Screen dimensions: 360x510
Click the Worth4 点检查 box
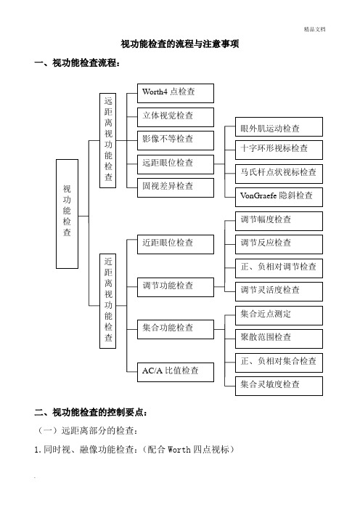(x=176, y=93)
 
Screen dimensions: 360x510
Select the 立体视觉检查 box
(x=176, y=117)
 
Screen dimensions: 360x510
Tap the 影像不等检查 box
(x=176, y=140)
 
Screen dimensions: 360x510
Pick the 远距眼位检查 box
(x=176, y=164)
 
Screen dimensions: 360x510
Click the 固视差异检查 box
(x=176, y=187)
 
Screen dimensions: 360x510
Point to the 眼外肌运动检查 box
(x=279, y=127)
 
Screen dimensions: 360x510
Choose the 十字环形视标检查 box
(x=279, y=150)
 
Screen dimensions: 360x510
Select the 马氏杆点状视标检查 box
(x=279, y=174)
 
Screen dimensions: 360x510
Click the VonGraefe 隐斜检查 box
(x=279, y=197)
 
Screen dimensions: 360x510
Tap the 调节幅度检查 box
(x=279, y=221)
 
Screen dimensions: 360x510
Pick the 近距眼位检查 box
(x=176, y=244)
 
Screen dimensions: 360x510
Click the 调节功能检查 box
(x=176, y=287)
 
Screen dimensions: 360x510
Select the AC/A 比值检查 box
(x=176, y=372)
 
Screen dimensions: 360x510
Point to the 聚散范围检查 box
(x=279, y=339)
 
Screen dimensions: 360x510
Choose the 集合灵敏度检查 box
(x=279, y=386)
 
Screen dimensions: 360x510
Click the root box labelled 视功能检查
(x=67, y=214)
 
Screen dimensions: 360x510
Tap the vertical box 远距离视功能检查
(x=108, y=140)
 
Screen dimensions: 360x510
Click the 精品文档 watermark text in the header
(x=314, y=29)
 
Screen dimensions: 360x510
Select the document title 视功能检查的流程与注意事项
(x=180, y=44)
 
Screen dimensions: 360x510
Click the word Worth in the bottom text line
(x=179, y=450)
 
